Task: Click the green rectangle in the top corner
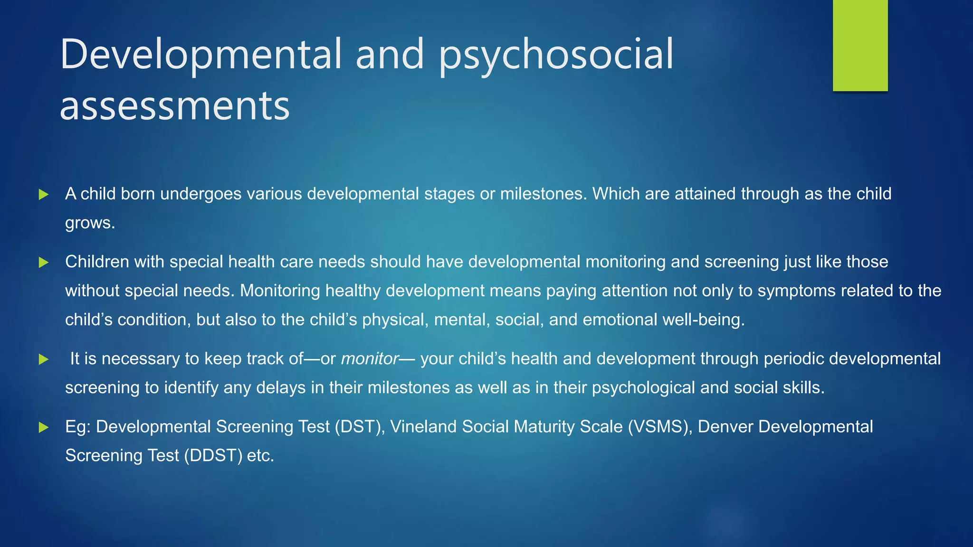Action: point(860,45)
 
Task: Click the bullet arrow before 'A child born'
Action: point(44,194)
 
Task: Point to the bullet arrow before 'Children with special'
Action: point(44,262)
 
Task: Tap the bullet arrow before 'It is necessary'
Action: point(44,359)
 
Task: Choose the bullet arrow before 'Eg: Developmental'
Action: point(44,427)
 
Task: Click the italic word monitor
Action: point(370,358)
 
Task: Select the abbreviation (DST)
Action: point(360,426)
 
